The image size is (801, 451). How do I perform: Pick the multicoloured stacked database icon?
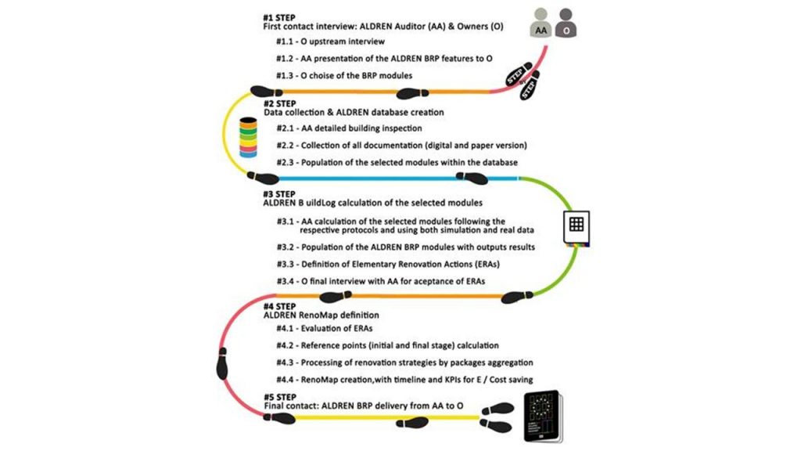point(248,138)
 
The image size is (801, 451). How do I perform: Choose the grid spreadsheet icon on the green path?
point(576,225)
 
